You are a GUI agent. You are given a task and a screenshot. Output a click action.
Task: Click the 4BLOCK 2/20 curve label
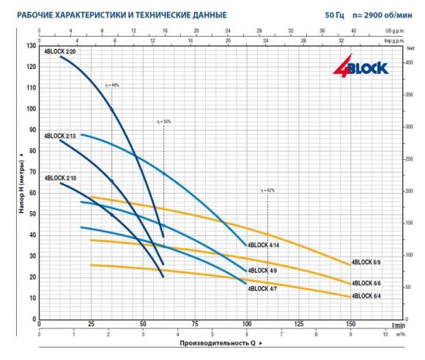[59, 51]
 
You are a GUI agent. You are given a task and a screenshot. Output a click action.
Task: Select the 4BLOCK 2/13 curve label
[59, 136]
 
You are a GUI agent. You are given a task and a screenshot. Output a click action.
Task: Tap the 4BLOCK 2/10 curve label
[59, 178]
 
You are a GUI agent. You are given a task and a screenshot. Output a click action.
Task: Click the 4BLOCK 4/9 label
[262, 271]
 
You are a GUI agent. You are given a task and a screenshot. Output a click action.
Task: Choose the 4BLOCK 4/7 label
[262, 288]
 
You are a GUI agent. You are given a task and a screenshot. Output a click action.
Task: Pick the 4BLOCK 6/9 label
[366, 262]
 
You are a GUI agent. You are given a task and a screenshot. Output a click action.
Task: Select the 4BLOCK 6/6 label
[366, 283]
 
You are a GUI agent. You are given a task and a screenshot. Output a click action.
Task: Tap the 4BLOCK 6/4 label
[366, 296]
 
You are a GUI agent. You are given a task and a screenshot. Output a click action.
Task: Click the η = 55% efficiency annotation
[163, 121]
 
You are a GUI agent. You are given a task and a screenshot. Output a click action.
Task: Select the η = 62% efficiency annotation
[267, 191]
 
